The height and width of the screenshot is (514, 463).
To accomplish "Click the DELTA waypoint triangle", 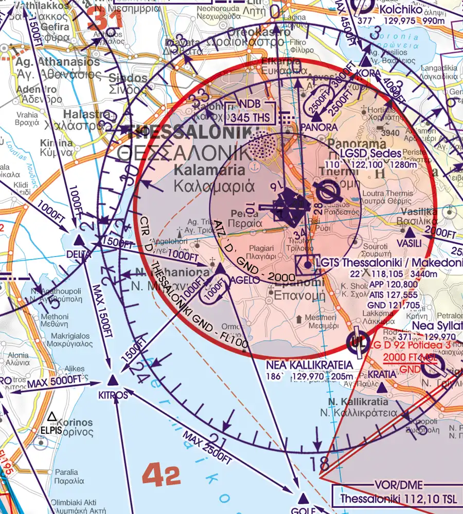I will pos(79,241).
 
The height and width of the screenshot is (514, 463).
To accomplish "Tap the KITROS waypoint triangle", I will pos(113,381).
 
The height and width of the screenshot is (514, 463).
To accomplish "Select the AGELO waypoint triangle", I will pos(219,268).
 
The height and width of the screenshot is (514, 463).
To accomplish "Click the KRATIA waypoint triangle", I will pos(389,360).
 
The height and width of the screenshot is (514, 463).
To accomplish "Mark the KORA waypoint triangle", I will pos(366,62).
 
